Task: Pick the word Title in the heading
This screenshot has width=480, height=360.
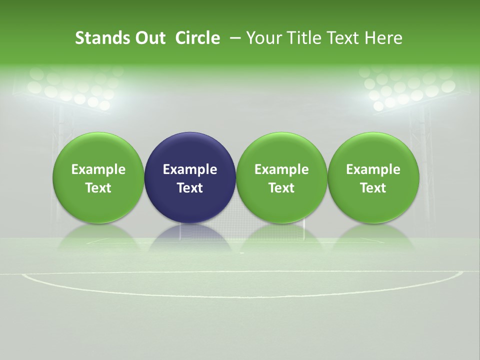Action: click(301, 38)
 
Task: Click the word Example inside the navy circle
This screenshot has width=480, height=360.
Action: click(190, 169)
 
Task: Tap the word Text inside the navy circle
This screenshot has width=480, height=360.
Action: click(190, 188)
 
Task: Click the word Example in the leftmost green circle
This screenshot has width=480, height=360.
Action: click(98, 169)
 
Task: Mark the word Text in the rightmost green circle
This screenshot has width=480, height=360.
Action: click(373, 188)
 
